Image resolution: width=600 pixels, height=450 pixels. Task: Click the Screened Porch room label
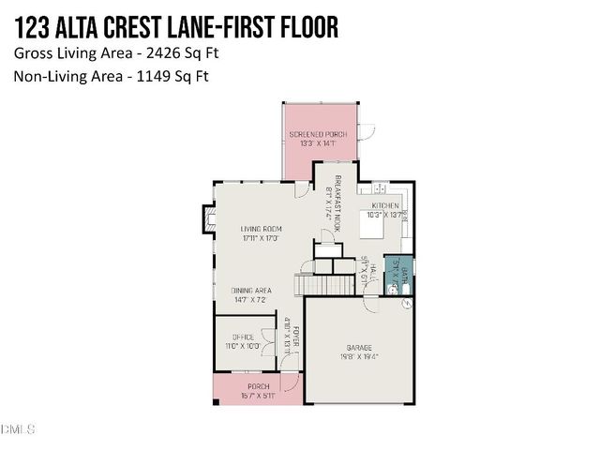coord(318,134)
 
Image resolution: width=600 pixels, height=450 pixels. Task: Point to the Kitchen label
coord(385,205)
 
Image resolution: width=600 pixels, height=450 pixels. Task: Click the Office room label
coord(243,337)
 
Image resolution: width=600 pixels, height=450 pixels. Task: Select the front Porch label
coord(258,386)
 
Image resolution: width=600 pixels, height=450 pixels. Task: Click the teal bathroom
coord(397,273)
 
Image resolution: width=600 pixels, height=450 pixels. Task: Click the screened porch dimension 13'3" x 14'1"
coord(318,144)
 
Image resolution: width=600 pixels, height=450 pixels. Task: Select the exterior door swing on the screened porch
coord(368,130)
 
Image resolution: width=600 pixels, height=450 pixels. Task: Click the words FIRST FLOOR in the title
coord(276,28)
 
